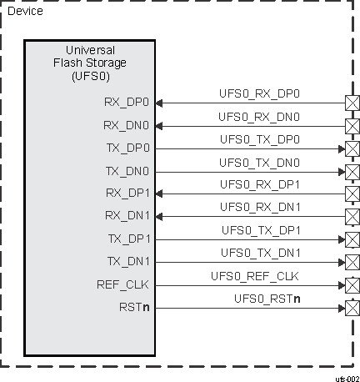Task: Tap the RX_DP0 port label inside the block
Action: [x=127, y=103]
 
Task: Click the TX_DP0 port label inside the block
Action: [x=127, y=148]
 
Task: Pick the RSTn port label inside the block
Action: [x=135, y=307]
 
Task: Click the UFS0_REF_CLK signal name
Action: [x=254, y=275]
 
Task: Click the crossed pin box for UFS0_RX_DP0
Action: [x=352, y=103]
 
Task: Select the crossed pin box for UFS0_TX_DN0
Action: [x=352, y=171]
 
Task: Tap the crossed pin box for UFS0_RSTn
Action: [x=352, y=307]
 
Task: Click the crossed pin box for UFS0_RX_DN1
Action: [x=352, y=216]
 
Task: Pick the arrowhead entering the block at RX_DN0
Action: [x=159, y=126]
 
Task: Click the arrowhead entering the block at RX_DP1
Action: [x=159, y=194]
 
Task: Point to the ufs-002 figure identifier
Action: [x=346, y=377]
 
